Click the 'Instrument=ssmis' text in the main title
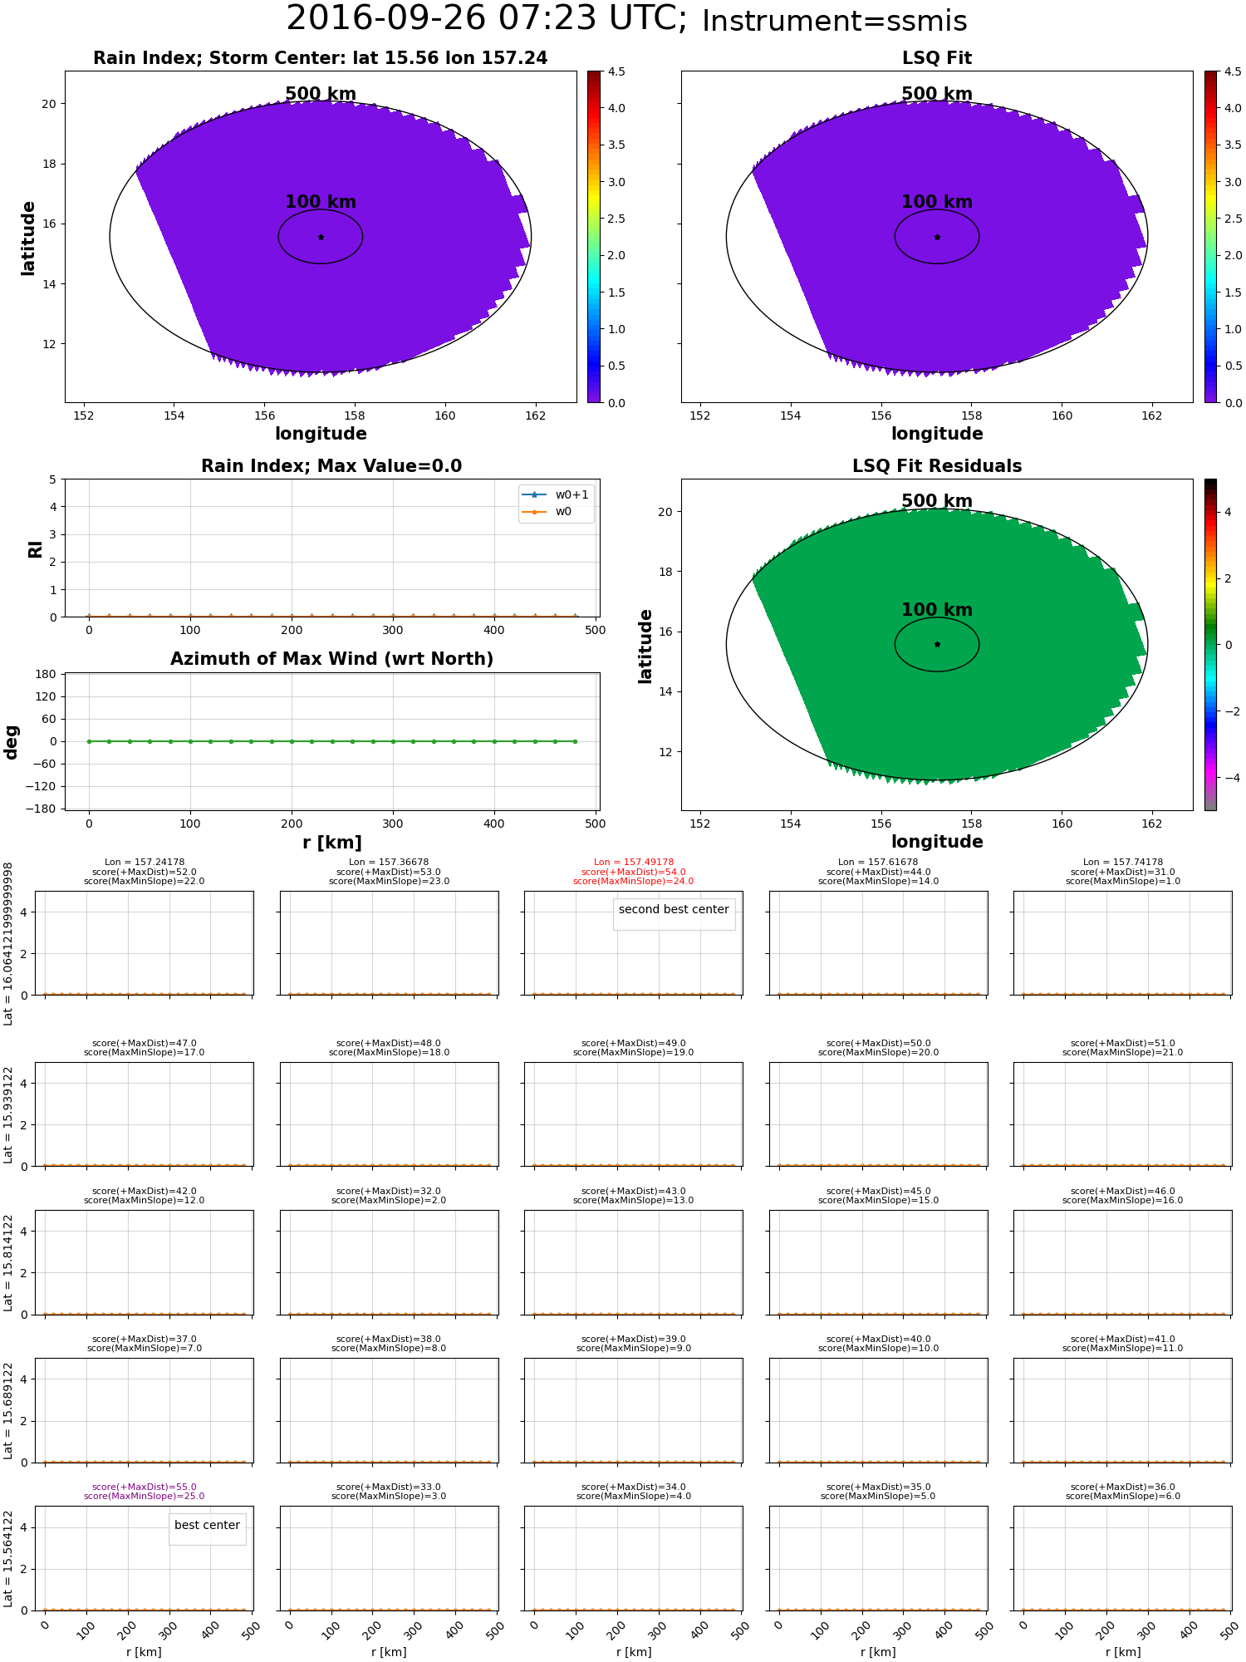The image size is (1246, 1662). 834,22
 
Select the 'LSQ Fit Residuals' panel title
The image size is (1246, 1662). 936,466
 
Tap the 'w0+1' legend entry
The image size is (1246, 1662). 571,495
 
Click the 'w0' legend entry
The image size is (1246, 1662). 563,512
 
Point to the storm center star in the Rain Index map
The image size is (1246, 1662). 321,237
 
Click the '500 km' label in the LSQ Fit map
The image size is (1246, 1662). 936,94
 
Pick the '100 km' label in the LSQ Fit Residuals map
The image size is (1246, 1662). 936,610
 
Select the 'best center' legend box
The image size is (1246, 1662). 207,1526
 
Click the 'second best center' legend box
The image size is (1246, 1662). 674,910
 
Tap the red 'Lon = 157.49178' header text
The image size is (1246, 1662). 634,863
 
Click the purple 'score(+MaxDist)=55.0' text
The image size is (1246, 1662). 144,1487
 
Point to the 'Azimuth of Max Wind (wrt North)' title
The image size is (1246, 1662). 331,659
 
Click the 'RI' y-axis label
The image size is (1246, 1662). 36,548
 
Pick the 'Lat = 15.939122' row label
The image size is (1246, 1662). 8,1114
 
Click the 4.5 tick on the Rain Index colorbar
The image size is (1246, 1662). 616,71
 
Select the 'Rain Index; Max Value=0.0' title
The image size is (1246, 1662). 331,466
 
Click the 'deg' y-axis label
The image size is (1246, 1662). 12,741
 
